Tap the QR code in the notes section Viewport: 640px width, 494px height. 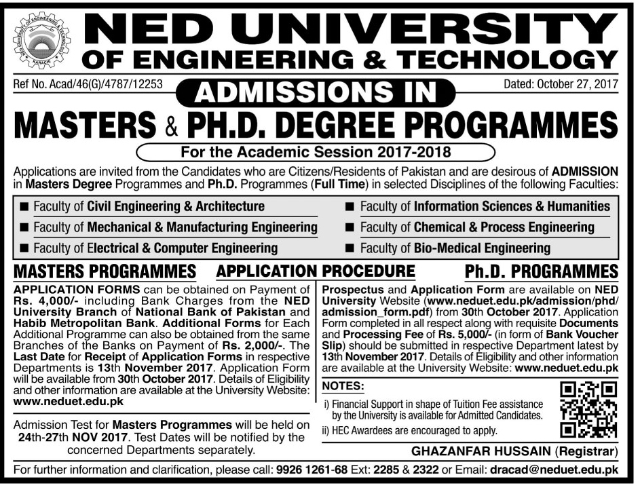pos(588,409)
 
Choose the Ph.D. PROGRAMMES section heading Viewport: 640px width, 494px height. pos(542,272)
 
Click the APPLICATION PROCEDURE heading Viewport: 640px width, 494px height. pos(316,272)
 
